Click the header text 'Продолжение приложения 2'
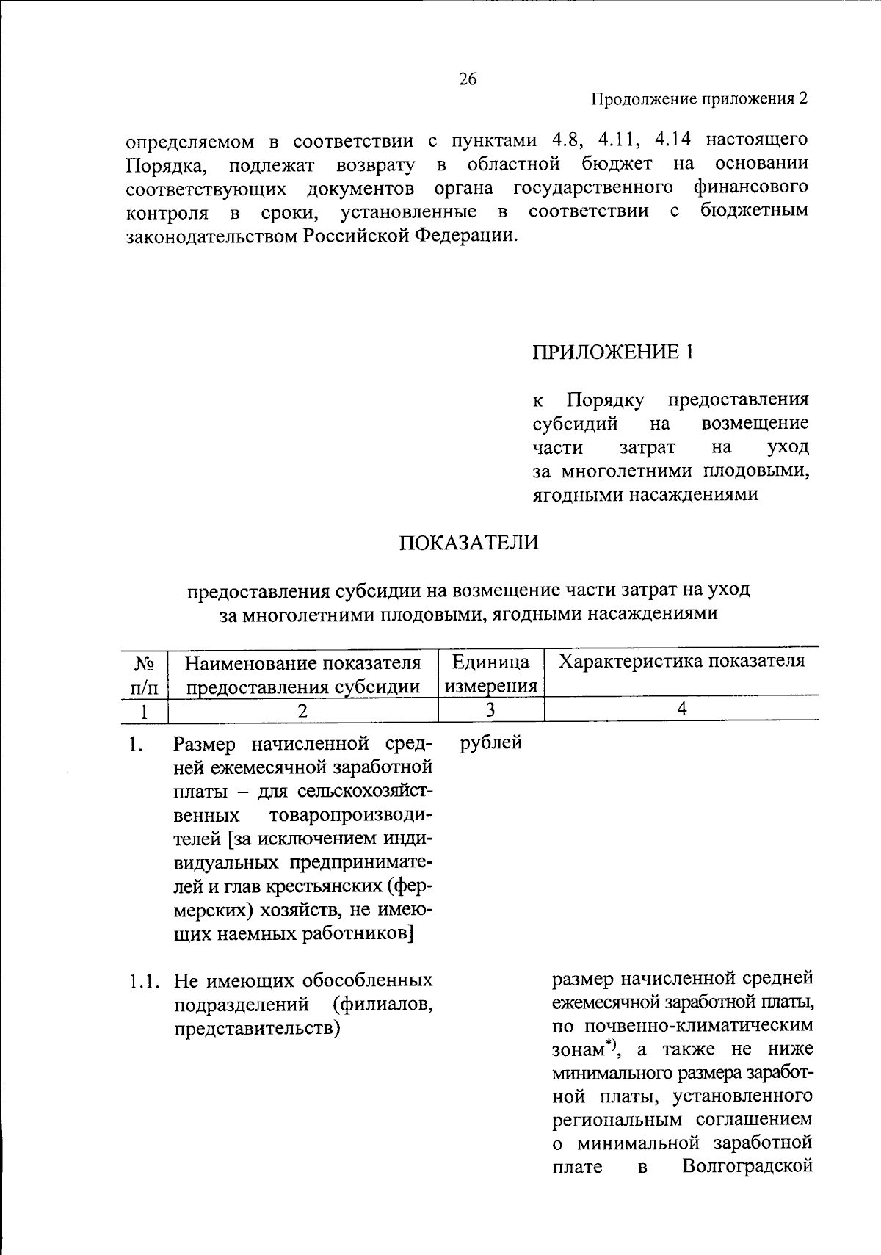[x=700, y=100]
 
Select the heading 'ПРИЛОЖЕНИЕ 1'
[x=612, y=352]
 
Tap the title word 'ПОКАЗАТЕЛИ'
[x=468, y=543]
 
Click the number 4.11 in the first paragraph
[x=621, y=140]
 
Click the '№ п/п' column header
[x=144, y=674]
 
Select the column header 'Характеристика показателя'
[x=681, y=661]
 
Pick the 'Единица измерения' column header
[x=491, y=674]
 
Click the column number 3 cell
[x=490, y=710]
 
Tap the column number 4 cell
[x=681, y=709]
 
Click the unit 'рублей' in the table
[x=490, y=742]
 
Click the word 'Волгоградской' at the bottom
[x=747, y=1166]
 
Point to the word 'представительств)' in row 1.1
[x=257, y=1028]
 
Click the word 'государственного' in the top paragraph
[x=593, y=187]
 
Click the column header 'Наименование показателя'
[x=302, y=663]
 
